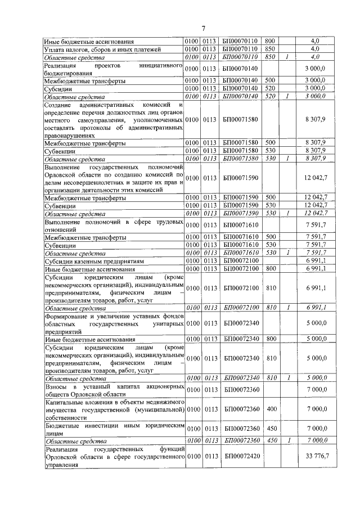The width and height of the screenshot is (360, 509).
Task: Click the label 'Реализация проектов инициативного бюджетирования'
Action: pos(114,69)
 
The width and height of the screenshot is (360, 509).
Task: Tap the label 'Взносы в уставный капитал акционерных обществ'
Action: pos(114,388)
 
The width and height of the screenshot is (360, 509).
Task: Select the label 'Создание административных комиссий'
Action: pos(114,120)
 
